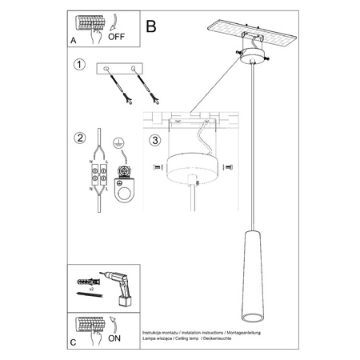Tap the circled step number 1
79,65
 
